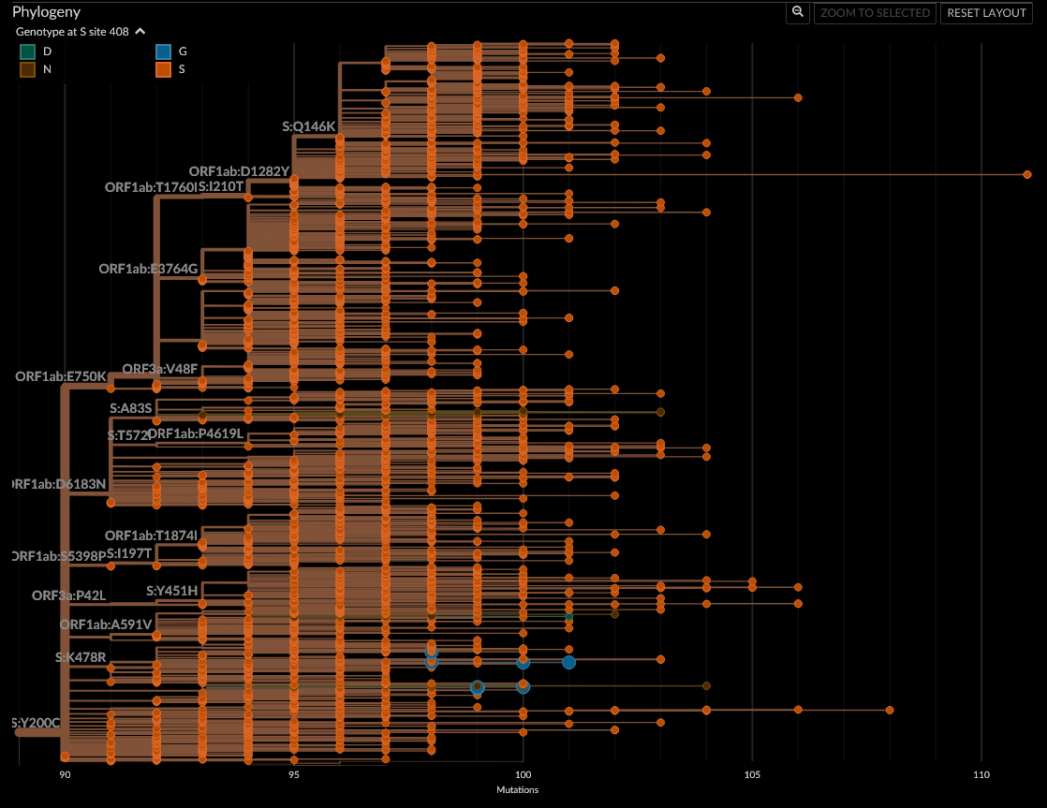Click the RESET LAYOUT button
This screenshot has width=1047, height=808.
point(987,13)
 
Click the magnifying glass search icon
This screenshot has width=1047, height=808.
point(797,12)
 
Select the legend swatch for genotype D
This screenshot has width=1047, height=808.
point(28,51)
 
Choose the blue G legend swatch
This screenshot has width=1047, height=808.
point(163,51)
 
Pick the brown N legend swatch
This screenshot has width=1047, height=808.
point(28,69)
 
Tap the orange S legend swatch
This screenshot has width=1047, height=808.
point(163,69)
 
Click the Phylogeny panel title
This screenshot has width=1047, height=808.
point(46,12)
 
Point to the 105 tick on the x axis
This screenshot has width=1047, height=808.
point(752,775)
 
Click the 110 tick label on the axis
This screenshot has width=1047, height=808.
point(981,775)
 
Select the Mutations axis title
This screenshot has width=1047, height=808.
point(517,790)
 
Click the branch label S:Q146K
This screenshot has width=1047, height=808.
point(308,126)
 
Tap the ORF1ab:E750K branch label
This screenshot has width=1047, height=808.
point(61,376)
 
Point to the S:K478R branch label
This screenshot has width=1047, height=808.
point(81,657)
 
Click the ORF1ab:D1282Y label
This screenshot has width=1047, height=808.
point(239,172)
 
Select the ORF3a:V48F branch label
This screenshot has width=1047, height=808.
point(160,369)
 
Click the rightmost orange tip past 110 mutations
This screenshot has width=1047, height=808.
point(1027,175)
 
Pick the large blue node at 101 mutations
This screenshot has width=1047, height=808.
point(568,662)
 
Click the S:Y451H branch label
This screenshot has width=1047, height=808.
point(171,591)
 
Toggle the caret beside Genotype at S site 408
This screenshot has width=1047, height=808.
point(140,32)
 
